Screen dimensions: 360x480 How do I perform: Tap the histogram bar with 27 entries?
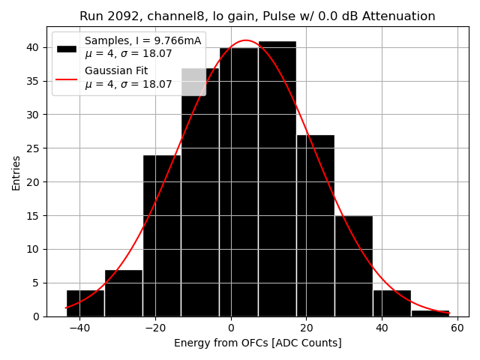coord(315,225)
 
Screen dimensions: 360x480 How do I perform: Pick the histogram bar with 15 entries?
coord(353,265)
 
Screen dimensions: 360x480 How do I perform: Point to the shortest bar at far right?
coord(430,313)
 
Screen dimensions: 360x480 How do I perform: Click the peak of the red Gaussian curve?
coord(245,40)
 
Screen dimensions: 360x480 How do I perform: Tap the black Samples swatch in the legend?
coord(66,48)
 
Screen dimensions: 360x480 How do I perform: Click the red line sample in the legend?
coord(66,77)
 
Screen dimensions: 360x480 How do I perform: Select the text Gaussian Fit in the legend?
coord(116,71)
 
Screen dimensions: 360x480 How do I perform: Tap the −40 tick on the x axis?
coord(79,328)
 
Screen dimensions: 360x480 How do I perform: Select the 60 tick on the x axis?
coord(457,328)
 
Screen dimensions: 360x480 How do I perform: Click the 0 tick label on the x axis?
coord(230,328)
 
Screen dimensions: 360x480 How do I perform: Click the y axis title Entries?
coord(16,172)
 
